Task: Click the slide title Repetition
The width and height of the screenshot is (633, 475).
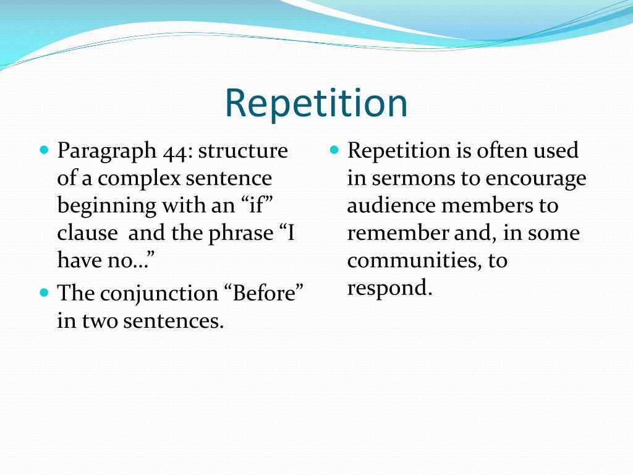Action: pos(316,104)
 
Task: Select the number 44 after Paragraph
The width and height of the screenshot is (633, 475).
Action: pos(177,151)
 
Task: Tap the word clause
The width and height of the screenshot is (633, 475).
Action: pos(87,233)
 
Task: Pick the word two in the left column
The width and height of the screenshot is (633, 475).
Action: pos(98,321)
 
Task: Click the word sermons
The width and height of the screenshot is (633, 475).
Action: pos(412,179)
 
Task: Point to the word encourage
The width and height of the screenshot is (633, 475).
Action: pos(536,179)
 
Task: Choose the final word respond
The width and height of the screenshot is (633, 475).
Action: pos(387,288)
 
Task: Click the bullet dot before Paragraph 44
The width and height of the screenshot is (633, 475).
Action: pos(44,150)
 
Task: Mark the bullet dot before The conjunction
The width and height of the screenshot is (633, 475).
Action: pos(44,293)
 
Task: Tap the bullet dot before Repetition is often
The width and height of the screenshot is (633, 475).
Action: pos(334,150)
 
